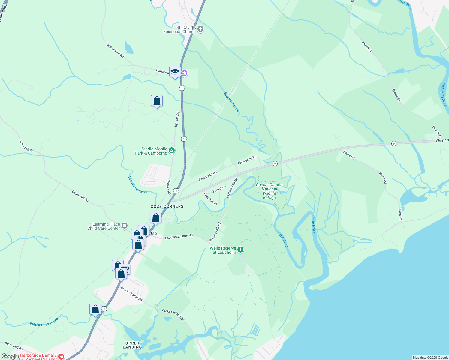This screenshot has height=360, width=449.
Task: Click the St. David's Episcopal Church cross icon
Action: click(x=200, y=29)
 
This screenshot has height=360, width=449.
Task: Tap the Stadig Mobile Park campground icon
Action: click(x=172, y=151)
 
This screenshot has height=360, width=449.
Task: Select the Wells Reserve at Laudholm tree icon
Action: click(x=240, y=250)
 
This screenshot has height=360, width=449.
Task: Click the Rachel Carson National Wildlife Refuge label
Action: click(x=269, y=191)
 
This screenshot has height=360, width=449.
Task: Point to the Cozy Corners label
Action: click(x=167, y=206)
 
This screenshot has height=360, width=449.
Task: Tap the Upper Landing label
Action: click(x=132, y=345)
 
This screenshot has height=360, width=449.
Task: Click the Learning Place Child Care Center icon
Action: click(x=125, y=226)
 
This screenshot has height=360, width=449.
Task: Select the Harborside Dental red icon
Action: click(x=61, y=357)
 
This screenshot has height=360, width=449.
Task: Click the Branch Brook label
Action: click(x=232, y=102)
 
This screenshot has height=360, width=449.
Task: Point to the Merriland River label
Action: click(x=137, y=185)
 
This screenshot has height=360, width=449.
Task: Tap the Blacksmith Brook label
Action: click(x=44, y=322)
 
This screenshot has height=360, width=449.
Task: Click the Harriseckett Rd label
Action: click(x=115, y=50)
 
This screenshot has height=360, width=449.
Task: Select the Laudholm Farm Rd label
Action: click(x=179, y=236)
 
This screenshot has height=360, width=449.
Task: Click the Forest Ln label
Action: click(x=219, y=189)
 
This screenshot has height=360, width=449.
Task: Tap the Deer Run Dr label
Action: click(x=211, y=199)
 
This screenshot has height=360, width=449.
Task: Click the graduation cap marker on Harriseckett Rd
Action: click(x=175, y=72)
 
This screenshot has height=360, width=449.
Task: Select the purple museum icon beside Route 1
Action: click(x=184, y=73)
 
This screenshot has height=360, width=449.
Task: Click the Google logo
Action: click(x=10, y=356)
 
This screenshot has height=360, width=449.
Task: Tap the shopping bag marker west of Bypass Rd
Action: click(x=157, y=101)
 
